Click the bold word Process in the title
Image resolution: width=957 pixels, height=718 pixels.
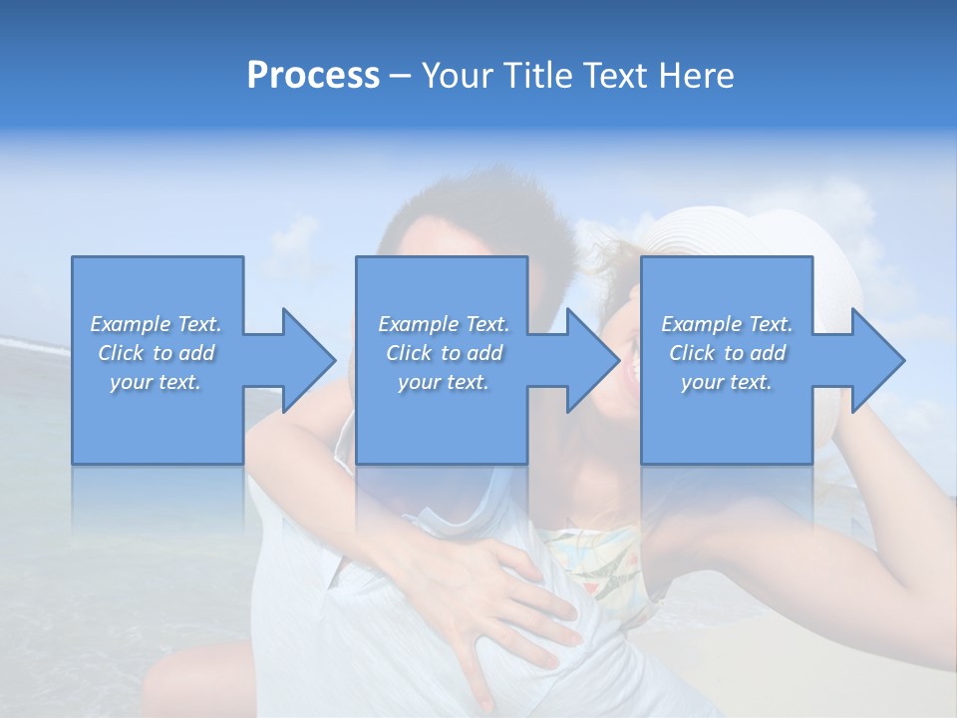coord(313,76)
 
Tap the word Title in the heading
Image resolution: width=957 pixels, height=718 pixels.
coord(541,76)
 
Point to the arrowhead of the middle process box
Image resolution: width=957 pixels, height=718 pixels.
coord(591,360)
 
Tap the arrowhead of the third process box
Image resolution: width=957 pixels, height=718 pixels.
coord(876,360)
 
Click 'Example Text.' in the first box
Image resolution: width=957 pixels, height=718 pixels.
coord(156,324)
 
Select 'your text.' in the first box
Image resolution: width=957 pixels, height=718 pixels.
coord(156,382)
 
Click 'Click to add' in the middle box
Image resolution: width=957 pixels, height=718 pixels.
coord(444,353)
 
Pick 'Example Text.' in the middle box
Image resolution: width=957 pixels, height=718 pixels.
coord(444,324)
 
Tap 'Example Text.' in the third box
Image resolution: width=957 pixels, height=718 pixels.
coord(727,324)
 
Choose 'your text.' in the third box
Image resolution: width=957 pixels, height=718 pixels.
coord(727,382)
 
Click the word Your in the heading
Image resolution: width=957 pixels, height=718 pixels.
coord(459,76)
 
